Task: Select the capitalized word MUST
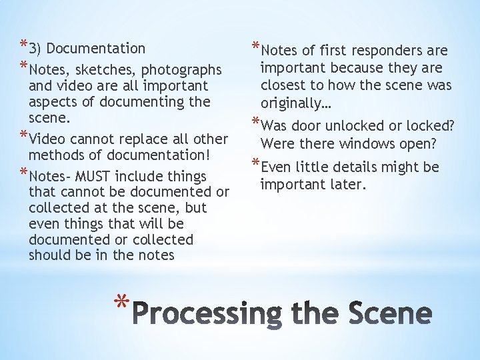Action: click(94, 177)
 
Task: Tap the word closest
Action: click(285, 85)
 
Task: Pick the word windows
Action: click(367, 143)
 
